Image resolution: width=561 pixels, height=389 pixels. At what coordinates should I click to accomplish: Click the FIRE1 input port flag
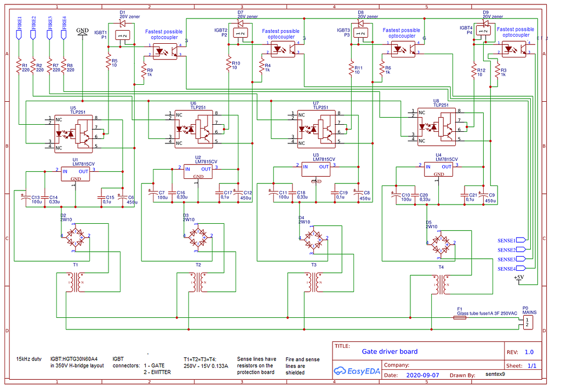pyautogui.click(x=19, y=33)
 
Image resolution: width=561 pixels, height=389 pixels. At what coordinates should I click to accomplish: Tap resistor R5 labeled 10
pyautogui.click(x=108, y=63)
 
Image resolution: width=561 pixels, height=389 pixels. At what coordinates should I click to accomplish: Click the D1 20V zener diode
pyautogui.click(x=122, y=24)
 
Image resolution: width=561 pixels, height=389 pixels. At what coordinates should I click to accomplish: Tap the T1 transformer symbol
pyautogui.click(x=75, y=282)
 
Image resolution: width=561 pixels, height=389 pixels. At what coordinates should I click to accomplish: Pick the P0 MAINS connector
pyautogui.click(x=526, y=322)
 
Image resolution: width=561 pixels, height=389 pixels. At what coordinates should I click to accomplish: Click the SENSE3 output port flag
pyautogui.click(x=520, y=259)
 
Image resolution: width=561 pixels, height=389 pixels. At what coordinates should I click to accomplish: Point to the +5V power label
pyautogui.click(x=518, y=278)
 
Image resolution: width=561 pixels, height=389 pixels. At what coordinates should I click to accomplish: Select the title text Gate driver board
pyautogui.click(x=390, y=351)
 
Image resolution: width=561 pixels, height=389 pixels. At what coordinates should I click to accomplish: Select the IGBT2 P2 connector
pyautogui.click(x=241, y=33)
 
